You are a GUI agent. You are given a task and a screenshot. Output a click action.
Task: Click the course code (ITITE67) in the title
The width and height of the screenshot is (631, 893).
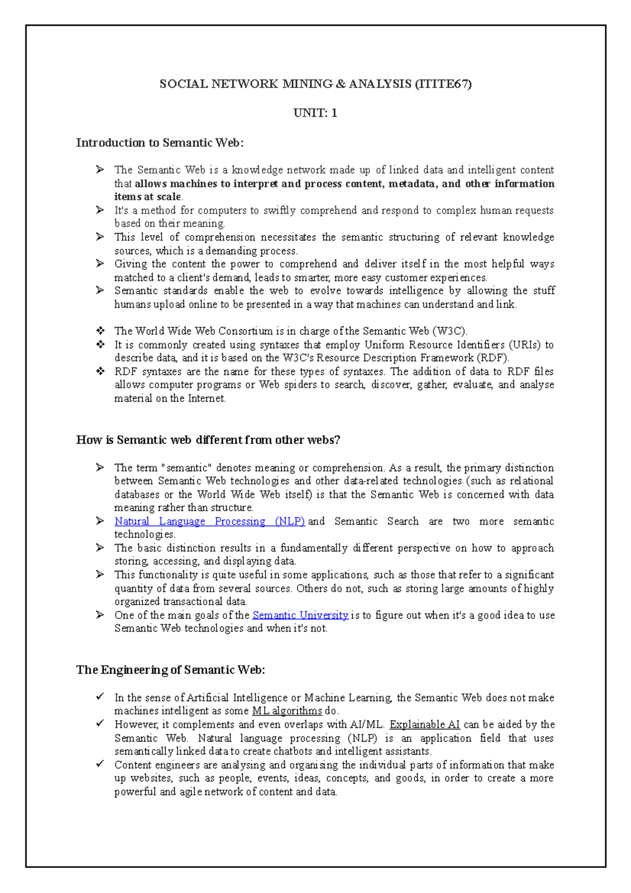443,84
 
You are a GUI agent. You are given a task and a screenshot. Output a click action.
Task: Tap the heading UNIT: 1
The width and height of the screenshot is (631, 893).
315,113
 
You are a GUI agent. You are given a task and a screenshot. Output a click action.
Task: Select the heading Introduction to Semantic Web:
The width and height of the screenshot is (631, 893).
160,143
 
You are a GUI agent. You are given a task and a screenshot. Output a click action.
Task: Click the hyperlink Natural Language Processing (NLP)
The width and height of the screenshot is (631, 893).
209,521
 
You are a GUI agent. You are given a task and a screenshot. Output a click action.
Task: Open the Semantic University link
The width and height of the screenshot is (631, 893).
300,615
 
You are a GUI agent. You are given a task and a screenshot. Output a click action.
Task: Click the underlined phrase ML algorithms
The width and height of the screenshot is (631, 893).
287,711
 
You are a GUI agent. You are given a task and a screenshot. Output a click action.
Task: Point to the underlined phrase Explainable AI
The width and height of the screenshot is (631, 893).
424,725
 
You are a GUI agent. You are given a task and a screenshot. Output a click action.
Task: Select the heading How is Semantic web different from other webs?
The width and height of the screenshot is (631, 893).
208,440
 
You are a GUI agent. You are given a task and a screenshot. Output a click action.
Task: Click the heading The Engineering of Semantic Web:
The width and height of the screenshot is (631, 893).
170,670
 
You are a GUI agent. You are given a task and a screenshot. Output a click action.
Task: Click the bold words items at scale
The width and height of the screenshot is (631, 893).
148,197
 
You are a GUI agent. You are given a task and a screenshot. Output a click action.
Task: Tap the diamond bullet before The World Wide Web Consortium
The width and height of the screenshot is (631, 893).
100,331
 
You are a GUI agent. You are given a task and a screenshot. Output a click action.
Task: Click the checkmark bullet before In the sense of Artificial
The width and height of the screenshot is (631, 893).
100,697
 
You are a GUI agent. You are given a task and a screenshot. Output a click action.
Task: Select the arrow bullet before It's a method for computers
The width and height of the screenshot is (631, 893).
100,210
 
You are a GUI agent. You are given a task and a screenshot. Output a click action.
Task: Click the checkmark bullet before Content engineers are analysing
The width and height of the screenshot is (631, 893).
100,764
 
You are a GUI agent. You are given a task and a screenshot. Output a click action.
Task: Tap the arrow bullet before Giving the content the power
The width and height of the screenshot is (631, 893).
100,263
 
